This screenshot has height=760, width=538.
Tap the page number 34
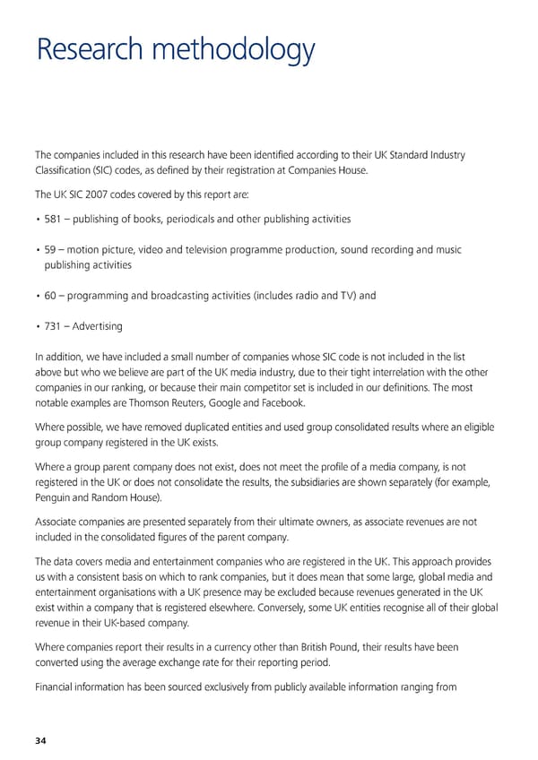[41, 740]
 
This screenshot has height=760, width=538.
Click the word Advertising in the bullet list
[99, 325]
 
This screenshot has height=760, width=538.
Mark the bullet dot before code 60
[37, 296]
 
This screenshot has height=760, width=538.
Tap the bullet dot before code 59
[37, 250]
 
